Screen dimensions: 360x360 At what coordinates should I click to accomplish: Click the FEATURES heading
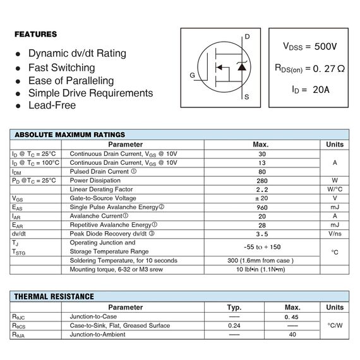(35, 34)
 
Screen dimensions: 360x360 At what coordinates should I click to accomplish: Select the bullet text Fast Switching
(61, 67)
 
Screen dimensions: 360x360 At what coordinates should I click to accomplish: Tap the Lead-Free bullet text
(52, 105)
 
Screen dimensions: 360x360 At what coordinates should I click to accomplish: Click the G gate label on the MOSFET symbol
(192, 75)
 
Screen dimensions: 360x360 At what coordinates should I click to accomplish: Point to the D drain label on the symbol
(247, 37)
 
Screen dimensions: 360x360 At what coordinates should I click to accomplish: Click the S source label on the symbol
(246, 97)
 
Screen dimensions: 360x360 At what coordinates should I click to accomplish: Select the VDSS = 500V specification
(309, 47)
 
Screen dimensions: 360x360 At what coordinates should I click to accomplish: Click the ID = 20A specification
(310, 89)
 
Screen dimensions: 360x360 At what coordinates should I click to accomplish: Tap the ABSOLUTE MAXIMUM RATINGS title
(69, 135)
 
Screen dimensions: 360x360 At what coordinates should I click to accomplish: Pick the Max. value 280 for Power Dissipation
(261, 181)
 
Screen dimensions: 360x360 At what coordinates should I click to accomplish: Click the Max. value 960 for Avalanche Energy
(261, 207)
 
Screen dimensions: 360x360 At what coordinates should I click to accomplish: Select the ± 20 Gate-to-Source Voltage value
(261, 198)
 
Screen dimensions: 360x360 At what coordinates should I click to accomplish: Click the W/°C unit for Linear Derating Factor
(334, 189)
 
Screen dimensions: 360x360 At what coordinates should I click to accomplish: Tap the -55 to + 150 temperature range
(261, 247)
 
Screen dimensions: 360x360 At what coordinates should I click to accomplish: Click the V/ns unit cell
(334, 234)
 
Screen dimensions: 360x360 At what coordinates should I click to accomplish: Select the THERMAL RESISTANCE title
(54, 296)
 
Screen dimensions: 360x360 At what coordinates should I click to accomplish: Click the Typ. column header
(234, 307)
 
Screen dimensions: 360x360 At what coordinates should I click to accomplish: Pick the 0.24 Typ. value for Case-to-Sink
(234, 326)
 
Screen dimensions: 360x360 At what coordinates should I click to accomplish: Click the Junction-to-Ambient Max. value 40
(292, 335)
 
